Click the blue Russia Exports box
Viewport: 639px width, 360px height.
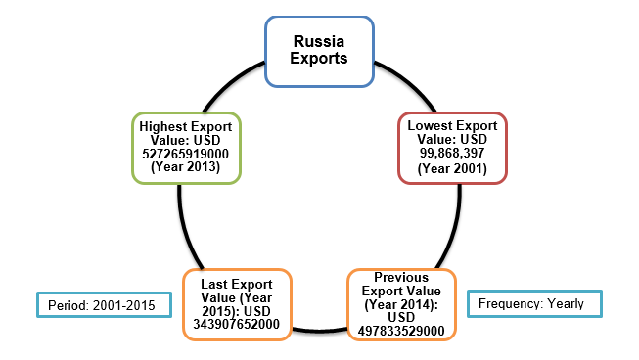(x=320, y=50)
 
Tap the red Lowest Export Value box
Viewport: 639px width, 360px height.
(x=452, y=147)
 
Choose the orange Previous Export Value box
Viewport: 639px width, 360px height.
(x=402, y=304)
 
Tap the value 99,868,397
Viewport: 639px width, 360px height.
(x=452, y=154)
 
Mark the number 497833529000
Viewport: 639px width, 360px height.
(x=402, y=331)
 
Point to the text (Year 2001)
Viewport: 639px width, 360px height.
(x=452, y=168)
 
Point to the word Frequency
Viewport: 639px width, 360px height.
(x=513, y=303)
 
